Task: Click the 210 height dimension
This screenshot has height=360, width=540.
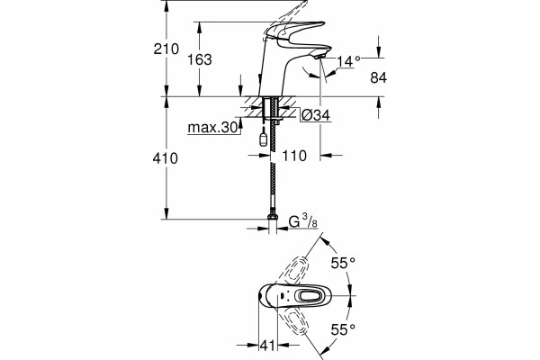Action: [x=166, y=49]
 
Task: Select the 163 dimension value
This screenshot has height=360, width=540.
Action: [x=200, y=59]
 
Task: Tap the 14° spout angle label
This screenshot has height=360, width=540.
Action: [x=348, y=61]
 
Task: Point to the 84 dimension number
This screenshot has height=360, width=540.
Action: [x=379, y=78]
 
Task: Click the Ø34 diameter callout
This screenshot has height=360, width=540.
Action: [x=316, y=115]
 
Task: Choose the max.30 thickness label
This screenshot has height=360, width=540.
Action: [x=212, y=128]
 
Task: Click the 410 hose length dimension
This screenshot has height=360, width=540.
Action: [x=166, y=158]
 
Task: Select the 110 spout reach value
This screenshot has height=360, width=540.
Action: [x=294, y=156]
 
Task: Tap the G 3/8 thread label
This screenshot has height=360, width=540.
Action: [x=303, y=221]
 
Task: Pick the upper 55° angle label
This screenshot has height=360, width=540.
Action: [x=343, y=263]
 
